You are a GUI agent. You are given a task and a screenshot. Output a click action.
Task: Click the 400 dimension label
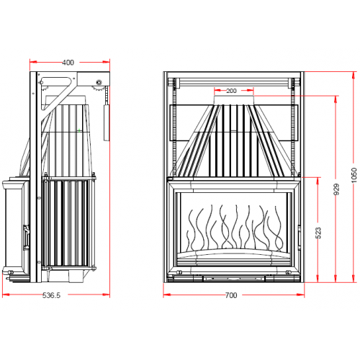click(68, 63)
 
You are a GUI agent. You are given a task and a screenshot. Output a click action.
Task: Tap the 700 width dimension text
click(230, 295)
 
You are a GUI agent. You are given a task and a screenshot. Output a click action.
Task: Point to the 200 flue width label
click(231, 91)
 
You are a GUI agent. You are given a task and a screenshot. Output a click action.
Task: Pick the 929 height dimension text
click(337, 190)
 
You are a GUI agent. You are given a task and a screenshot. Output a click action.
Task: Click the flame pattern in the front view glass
click(230, 227)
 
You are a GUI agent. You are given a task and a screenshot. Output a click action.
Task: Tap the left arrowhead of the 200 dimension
click(215, 91)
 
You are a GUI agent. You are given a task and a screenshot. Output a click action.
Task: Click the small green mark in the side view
click(78, 130)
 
